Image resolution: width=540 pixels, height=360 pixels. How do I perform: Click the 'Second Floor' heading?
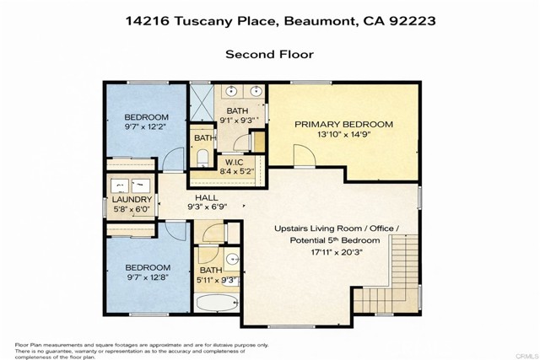[269, 54]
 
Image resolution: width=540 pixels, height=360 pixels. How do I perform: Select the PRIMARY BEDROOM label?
[343, 124]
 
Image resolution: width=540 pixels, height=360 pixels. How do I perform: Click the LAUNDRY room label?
[132, 200]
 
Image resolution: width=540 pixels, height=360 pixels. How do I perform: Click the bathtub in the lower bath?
[218, 302]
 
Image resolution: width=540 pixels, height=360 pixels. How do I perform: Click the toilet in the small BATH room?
[202, 158]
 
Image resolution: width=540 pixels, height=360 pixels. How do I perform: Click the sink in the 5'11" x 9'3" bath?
[233, 258]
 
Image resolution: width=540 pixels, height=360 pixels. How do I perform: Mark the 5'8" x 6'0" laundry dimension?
[131, 210]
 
